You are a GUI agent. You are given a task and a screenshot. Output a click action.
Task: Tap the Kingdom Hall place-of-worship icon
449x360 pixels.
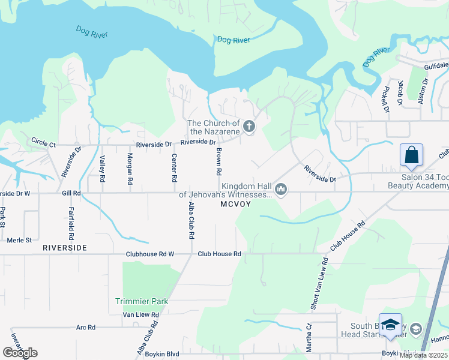(x=280, y=190)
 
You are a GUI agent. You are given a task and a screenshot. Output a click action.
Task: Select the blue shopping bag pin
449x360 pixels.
(x=412, y=155)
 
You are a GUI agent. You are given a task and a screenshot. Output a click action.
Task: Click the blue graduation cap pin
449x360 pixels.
(x=390, y=325)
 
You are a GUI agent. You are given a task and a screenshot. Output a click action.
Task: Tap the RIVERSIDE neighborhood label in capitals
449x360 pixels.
(x=65, y=247)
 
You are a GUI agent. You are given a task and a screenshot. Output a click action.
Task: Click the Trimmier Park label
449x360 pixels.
(x=142, y=301)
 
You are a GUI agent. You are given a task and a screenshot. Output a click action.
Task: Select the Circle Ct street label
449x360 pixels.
(x=43, y=145)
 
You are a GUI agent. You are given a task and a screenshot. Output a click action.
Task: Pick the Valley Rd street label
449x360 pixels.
(x=103, y=169)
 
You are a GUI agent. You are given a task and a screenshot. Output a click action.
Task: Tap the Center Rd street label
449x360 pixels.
(x=174, y=169)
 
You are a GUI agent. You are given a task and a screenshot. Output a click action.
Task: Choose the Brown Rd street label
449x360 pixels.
(x=220, y=163)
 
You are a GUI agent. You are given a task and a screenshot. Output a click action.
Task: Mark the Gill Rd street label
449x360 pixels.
(x=71, y=193)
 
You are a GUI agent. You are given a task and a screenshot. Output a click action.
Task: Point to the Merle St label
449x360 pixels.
(x=19, y=240)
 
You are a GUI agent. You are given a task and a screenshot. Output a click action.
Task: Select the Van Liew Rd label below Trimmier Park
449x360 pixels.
(x=140, y=314)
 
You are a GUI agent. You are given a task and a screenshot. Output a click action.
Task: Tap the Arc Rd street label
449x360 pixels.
(x=86, y=328)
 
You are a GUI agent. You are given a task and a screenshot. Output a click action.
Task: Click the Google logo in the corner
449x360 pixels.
(x=20, y=353)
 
